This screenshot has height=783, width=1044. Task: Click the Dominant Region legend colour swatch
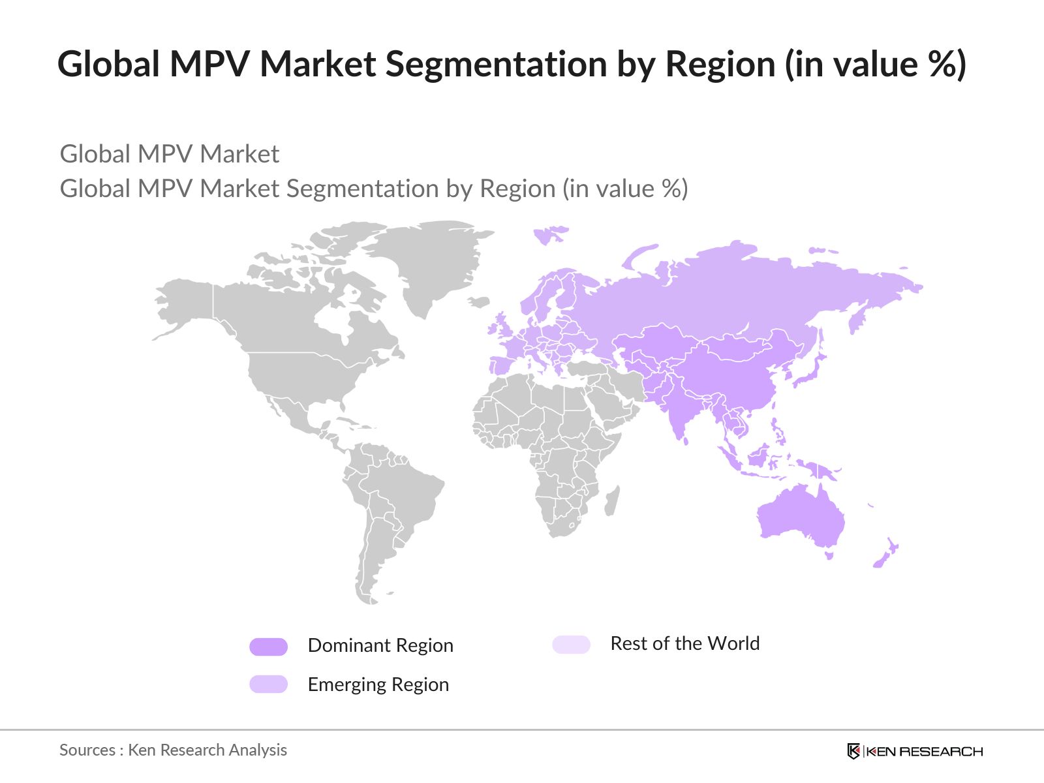pos(268,647)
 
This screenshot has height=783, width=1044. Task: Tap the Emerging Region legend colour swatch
pos(268,684)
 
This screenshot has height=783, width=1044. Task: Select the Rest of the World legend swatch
pos(571,645)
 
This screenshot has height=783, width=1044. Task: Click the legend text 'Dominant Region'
pos(380,645)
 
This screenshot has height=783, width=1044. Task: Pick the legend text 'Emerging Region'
pos(378,684)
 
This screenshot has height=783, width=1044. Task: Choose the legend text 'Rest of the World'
pos(684,643)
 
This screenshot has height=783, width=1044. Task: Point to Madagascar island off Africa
pos(612,500)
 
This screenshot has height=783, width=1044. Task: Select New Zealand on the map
pos(887,552)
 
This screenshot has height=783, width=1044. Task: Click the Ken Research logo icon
pos(853,751)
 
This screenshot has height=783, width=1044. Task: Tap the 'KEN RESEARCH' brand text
pos(924,752)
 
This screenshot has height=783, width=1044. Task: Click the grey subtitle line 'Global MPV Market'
pos(170,155)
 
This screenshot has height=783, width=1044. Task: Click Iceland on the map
pos(479,302)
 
